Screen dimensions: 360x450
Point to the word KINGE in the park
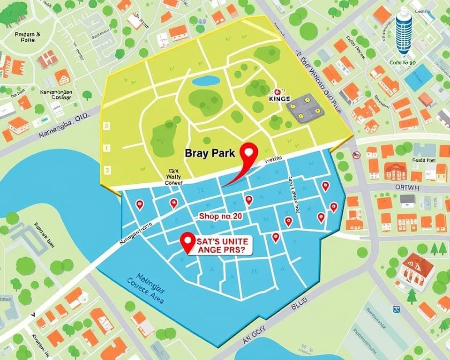280,99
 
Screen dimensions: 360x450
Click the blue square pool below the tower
418,77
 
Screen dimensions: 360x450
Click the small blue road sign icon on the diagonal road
397,309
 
